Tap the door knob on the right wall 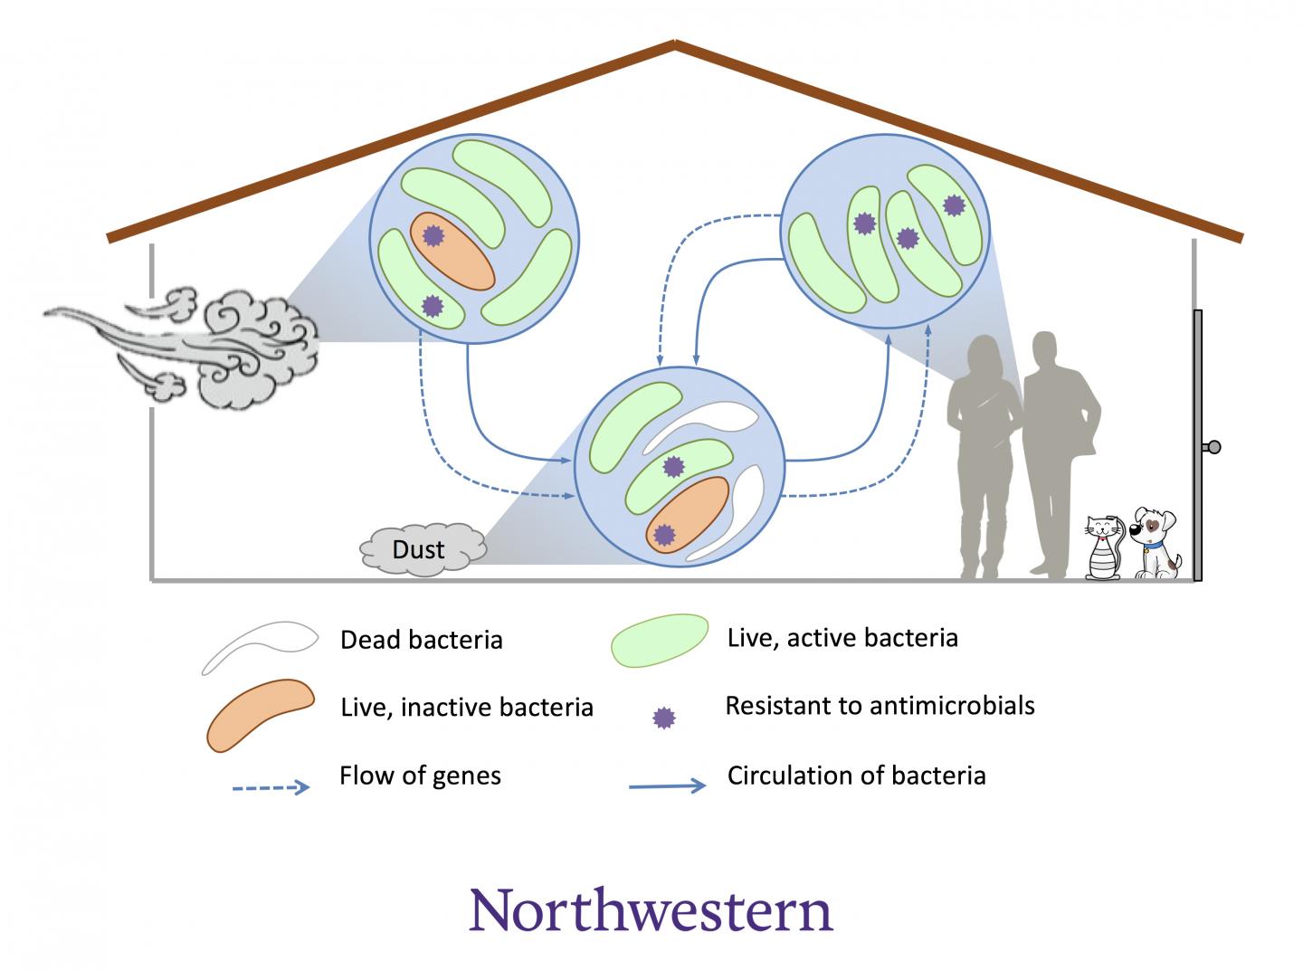1213,446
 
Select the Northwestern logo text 651,910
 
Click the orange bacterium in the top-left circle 452,251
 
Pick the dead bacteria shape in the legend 260,646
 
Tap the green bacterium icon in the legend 660,640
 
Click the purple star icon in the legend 664,718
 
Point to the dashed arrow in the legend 271,787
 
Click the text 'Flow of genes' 420,776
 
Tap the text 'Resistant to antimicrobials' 880,705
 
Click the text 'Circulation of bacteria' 856,776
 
